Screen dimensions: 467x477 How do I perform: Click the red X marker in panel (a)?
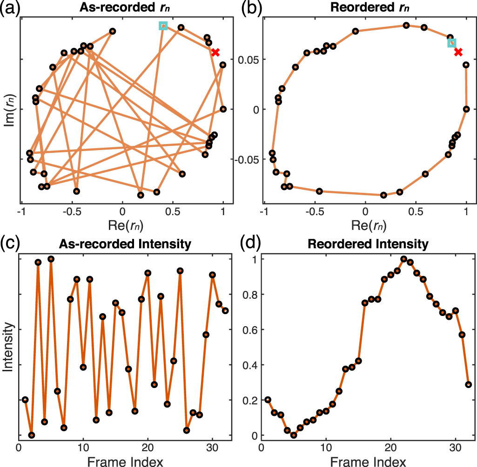[x=215, y=53]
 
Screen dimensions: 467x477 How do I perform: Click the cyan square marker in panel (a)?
[x=163, y=26]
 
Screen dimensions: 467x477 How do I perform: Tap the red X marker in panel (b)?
[x=458, y=52]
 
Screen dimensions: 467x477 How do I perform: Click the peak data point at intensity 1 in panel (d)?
[x=404, y=259]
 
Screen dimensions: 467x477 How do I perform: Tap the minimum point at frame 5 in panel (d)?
[x=294, y=435]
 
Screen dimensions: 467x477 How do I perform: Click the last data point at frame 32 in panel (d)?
[x=469, y=384]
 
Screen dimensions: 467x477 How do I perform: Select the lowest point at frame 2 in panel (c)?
[x=32, y=435]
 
